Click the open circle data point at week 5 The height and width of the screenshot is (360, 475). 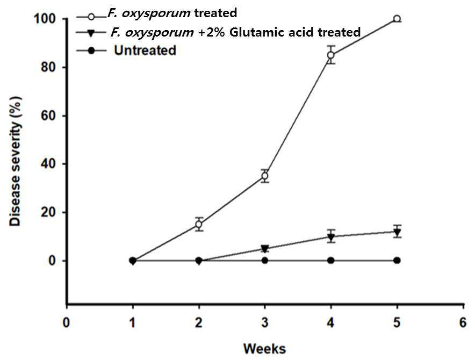pos(397,19)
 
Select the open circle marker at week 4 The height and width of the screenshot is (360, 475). pos(331,55)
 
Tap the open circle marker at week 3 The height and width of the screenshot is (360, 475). pos(265,176)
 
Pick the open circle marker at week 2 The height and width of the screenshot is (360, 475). pos(199,224)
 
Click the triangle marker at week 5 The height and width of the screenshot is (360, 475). pos(397,233)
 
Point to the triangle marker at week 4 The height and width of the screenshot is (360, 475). pos(331,237)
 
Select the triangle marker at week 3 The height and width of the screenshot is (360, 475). pos(265,249)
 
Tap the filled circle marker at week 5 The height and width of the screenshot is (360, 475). pos(397,260)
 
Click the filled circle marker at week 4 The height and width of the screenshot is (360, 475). pos(331,260)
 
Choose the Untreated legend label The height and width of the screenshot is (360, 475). pos(145,51)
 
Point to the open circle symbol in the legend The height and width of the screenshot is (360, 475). pos(91,17)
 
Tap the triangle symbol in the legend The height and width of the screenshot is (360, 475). pos(91,32)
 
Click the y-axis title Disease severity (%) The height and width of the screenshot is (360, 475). pos(15,161)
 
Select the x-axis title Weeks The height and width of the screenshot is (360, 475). pos(264,349)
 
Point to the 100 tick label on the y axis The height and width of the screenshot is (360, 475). pos(44,19)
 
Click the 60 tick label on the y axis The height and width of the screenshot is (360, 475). pos(48,116)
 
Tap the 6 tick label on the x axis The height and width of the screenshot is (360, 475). pos(463,322)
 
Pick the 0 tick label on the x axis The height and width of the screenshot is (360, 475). pos(66,322)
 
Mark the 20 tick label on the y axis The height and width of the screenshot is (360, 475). pos(48,212)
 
